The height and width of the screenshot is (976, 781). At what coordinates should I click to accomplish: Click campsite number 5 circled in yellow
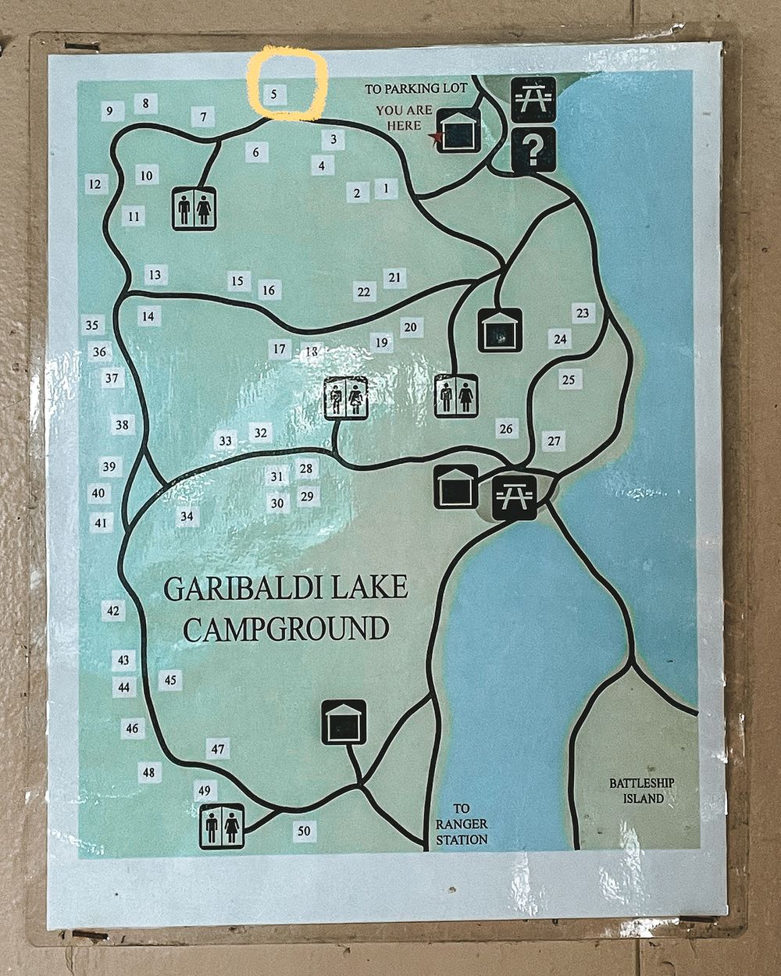274,94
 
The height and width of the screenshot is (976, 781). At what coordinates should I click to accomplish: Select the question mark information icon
533,149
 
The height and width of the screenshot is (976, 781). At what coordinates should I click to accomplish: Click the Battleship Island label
642,790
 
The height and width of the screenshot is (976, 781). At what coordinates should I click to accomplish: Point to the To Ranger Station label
462,824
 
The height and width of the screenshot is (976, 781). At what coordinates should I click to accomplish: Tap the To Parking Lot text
415,88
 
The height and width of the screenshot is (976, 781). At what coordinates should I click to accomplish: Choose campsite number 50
304,831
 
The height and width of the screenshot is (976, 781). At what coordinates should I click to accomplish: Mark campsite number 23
583,313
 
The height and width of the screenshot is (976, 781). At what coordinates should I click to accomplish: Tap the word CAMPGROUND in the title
286,628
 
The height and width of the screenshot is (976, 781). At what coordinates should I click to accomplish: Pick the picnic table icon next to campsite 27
515,496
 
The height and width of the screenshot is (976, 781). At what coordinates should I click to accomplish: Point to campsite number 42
114,611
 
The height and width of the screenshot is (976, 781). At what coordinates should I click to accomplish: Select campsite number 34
186,516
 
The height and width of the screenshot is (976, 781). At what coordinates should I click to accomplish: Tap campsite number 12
95,184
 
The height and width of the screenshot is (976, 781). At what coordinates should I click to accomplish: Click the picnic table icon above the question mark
533,99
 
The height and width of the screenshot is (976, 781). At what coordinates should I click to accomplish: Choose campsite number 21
394,277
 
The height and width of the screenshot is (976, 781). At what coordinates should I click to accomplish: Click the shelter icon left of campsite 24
500,330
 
